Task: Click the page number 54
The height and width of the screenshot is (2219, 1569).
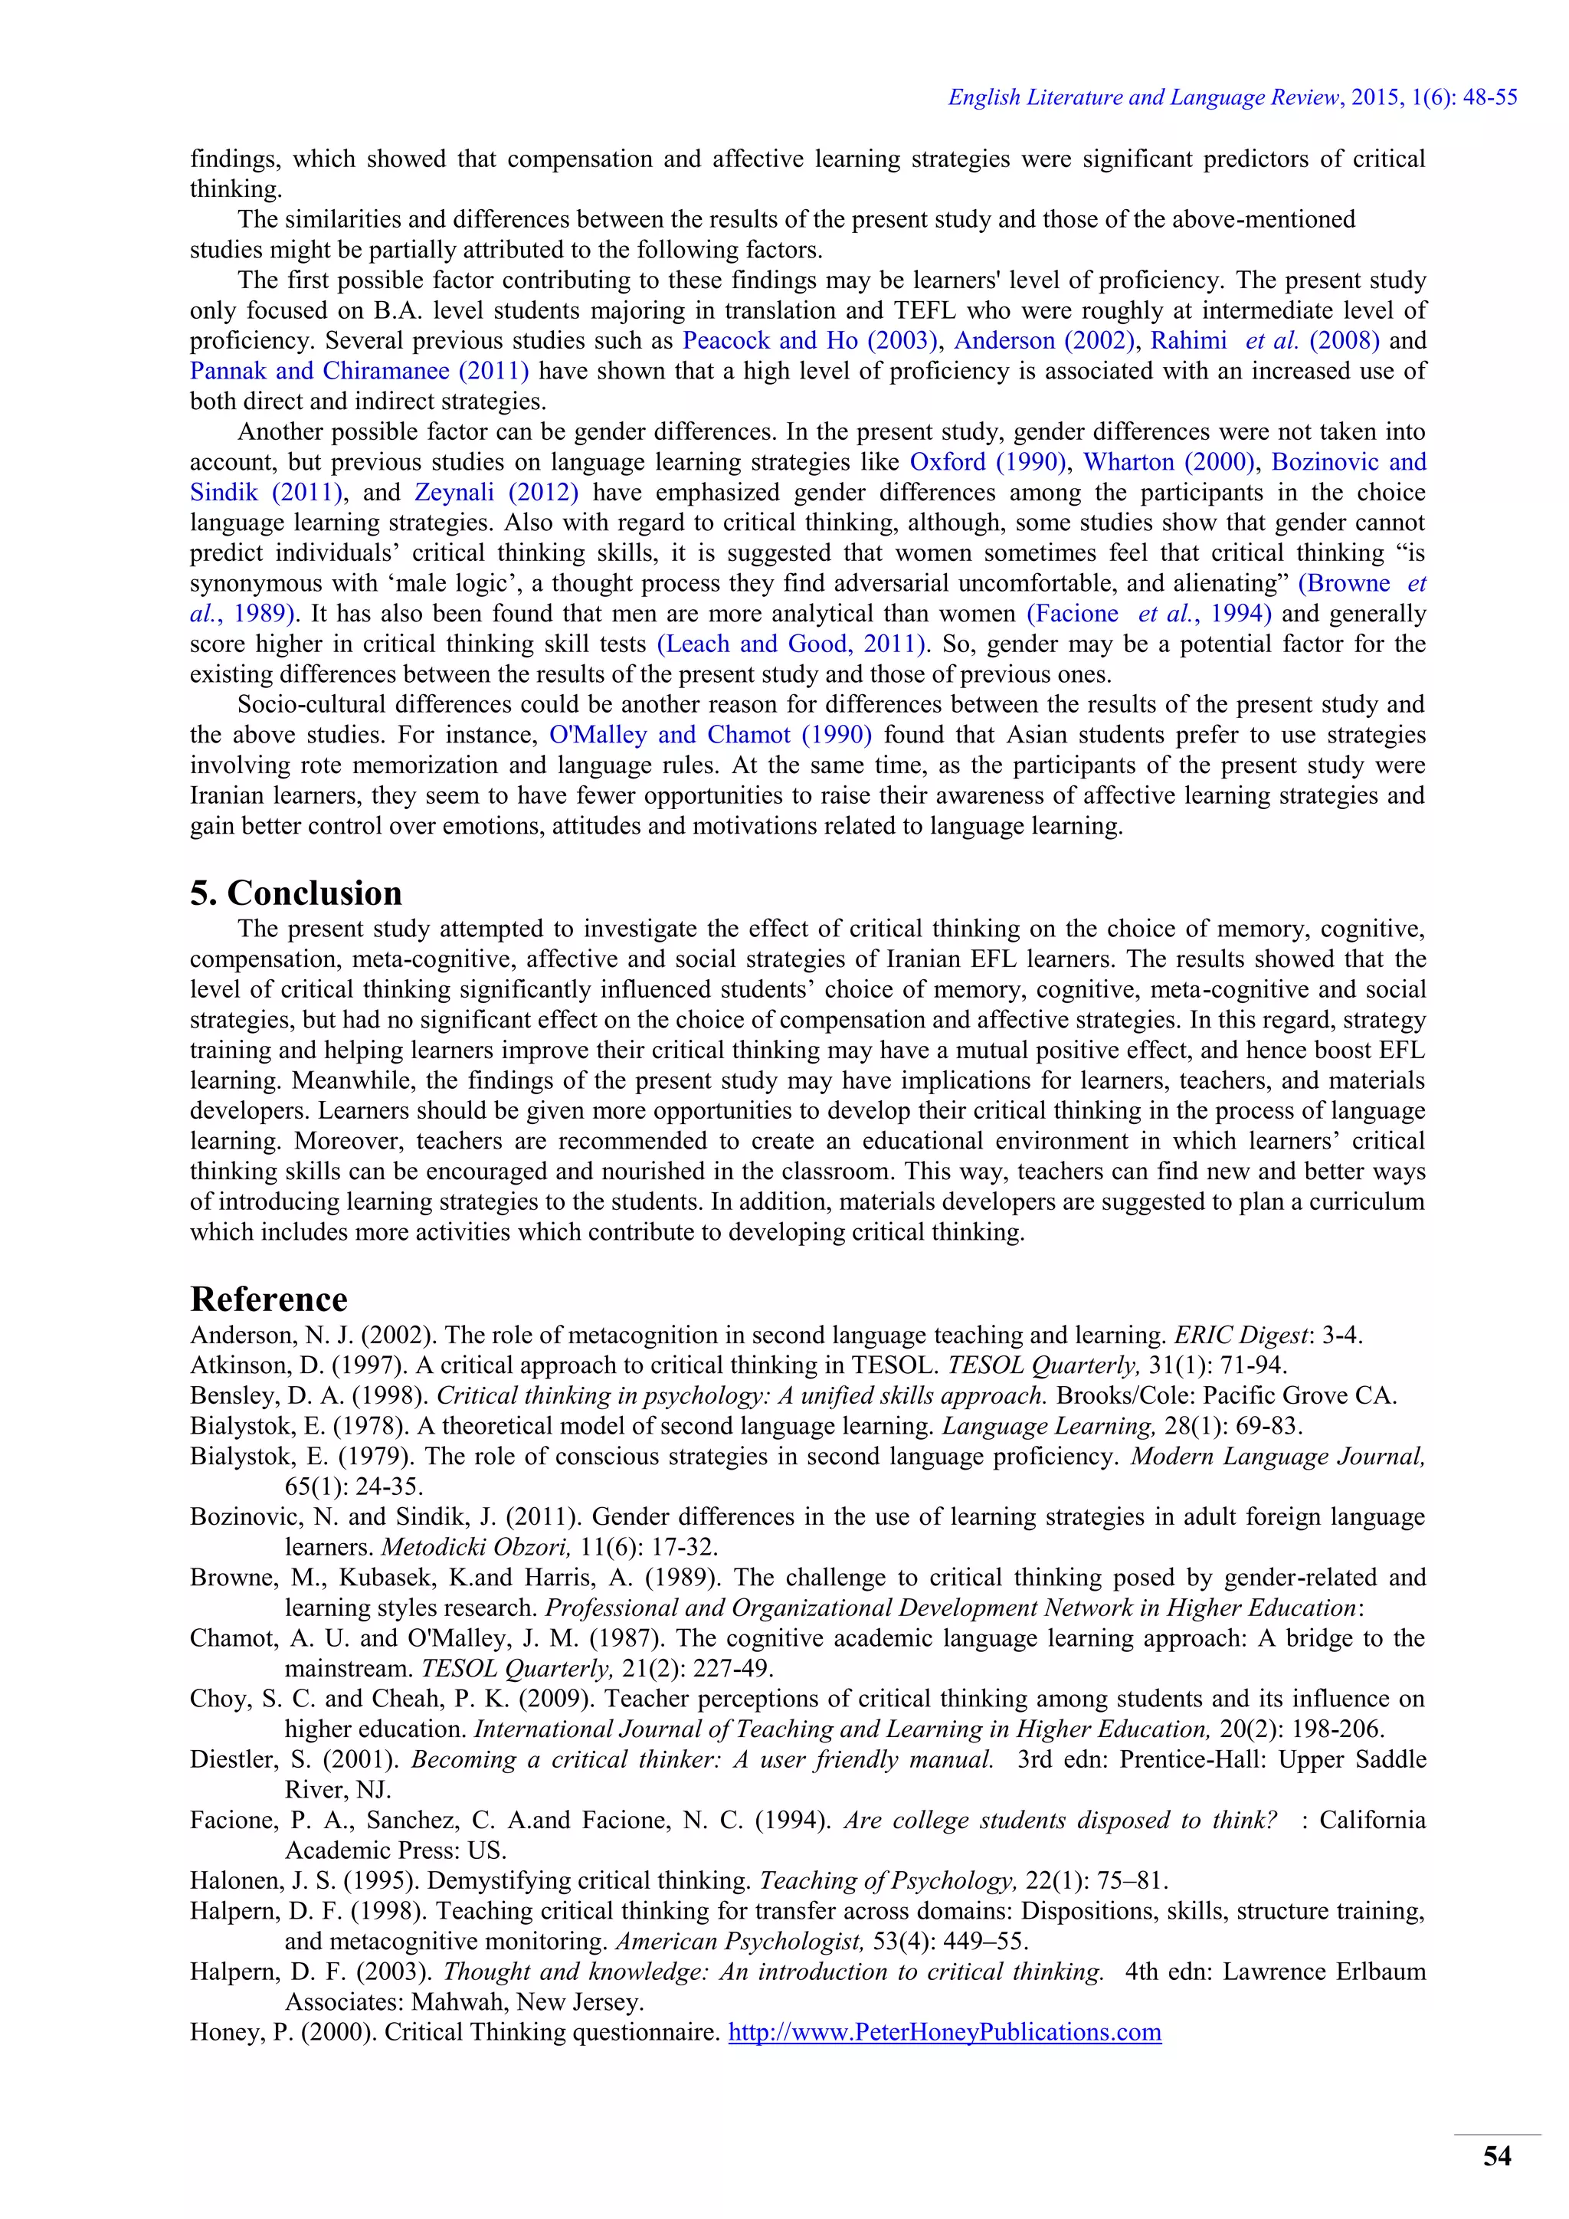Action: (1496, 2155)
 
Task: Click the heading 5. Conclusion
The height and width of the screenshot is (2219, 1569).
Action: (296, 892)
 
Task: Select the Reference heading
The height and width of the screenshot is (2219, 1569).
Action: (269, 1299)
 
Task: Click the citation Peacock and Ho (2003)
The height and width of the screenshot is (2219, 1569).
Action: (811, 340)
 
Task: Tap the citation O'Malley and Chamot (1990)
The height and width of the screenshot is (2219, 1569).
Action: (710, 735)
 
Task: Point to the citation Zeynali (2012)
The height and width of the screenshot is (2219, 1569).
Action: (496, 492)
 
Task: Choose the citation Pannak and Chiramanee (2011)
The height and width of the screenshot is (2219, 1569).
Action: (359, 371)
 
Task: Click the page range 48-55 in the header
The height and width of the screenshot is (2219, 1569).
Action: (1491, 97)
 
